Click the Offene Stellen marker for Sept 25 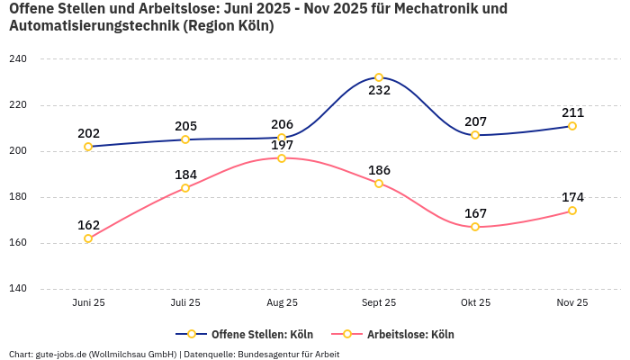(379, 77)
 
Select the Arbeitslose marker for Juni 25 (88, 238)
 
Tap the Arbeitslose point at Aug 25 (282, 158)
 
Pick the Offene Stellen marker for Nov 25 (572, 126)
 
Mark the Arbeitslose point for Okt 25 (475, 227)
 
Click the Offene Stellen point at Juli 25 (185, 139)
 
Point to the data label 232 (379, 91)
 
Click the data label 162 (88, 225)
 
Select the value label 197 (282, 146)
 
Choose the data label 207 (475, 121)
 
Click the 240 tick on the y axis (18, 59)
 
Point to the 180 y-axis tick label (18, 197)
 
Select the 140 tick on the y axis (18, 289)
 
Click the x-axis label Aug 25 (282, 303)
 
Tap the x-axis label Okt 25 (475, 303)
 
